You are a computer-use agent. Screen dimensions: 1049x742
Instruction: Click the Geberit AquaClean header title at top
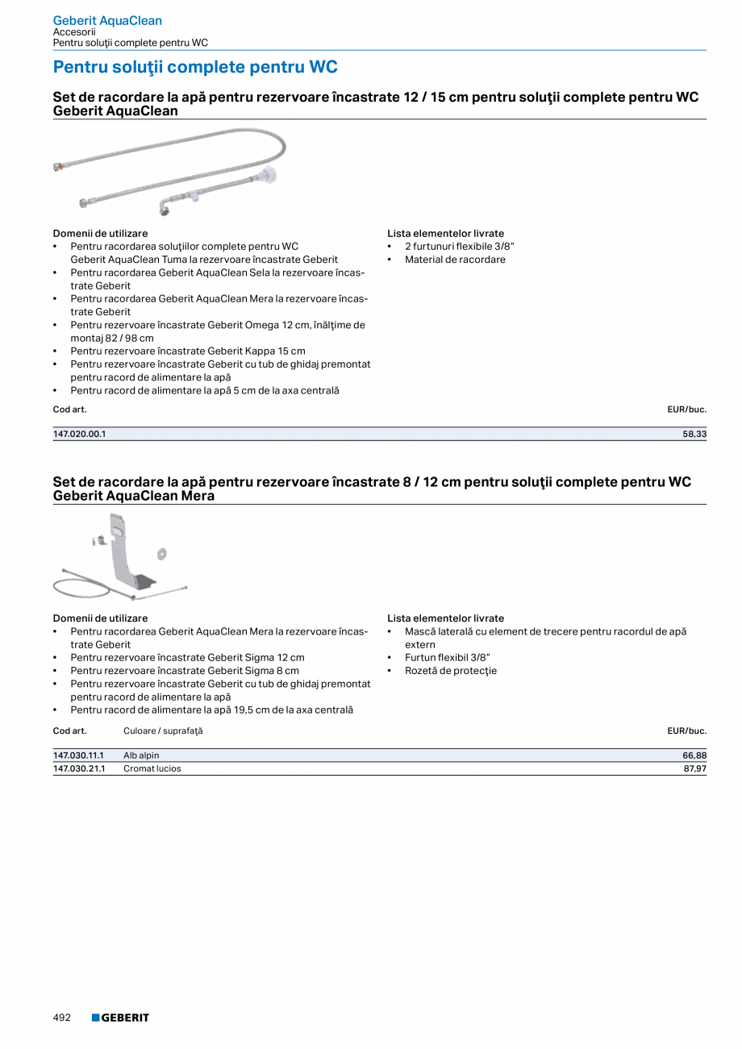pyautogui.click(x=107, y=21)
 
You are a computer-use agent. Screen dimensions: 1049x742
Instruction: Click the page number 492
pyautogui.click(x=62, y=1018)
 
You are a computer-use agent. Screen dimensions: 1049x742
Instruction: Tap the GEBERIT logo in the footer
pyautogui.click(x=120, y=1018)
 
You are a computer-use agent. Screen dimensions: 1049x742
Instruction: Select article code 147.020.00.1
pyautogui.click(x=79, y=434)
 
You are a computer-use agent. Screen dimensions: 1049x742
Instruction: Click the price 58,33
pyautogui.click(x=694, y=434)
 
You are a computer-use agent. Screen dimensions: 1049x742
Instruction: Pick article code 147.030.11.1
pyautogui.click(x=79, y=756)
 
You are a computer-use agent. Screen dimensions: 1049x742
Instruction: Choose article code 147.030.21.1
pyautogui.click(x=79, y=768)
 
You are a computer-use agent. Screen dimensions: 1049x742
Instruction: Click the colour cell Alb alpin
pyautogui.click(x=141, y=756)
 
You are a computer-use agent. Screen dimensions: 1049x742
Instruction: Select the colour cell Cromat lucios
pyautogui.click(x=152, y=768)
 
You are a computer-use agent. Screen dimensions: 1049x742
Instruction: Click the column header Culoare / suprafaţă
pyautogui.click(x=163, y=731)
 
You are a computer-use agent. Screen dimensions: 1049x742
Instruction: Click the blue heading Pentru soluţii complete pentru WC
pyautogui.click(x=195, y=67)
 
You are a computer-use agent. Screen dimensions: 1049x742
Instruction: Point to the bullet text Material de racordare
pyautogui.click(x=455, y=260)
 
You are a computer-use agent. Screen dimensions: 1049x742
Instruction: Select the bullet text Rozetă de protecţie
pyautogui.click(x=451, y=671)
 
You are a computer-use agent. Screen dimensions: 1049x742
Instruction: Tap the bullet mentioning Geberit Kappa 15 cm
pyautogui.click(x=187, y=351)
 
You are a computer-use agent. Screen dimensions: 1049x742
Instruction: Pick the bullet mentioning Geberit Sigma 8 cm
pyautogui.click(x=184, y=671)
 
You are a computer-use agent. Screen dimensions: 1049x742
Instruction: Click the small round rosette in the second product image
pyautogui.click(x=162, y=553)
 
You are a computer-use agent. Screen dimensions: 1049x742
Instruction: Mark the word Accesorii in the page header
pyautogui.click(x=74, y=32)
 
